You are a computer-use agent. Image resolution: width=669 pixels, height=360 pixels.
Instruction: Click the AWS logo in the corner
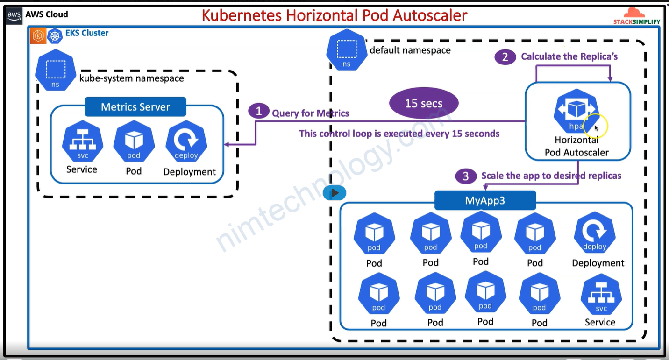coord(14,15)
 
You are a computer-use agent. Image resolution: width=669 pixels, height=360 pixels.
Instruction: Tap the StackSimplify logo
coord(637,16)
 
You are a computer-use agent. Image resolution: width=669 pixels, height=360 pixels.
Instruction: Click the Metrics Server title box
coord(135,107)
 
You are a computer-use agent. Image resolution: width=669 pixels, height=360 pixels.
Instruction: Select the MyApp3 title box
coord(485,201)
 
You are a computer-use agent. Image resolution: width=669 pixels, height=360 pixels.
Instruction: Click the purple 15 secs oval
coord(423,103)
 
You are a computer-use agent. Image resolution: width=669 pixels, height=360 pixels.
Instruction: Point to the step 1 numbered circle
coord(258,112)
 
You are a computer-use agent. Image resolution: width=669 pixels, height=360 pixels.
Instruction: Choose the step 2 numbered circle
coord(505,57)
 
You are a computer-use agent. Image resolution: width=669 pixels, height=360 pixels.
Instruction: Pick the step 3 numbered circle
coord(465,176)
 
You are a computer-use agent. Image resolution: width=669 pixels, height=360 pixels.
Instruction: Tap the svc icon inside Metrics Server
coord(82,141)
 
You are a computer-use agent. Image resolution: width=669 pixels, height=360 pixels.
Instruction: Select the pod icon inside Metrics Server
coord(134,142)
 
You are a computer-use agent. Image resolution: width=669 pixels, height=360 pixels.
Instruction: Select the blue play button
coord(335,192)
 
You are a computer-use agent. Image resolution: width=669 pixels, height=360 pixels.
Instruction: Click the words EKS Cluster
coord(87,33)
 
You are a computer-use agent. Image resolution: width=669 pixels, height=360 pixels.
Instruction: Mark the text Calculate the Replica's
coord(569,56)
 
